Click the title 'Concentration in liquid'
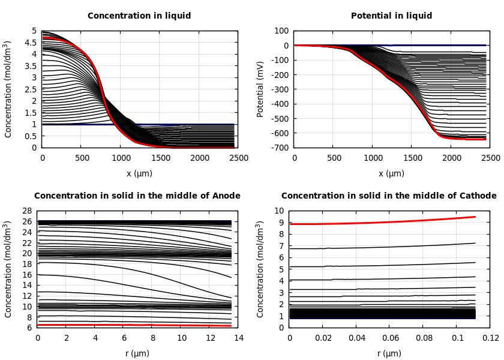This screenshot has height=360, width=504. tap(139, 16)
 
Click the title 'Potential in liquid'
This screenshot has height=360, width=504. tap(391, 16)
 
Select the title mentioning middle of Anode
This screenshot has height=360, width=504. tap(137, 196)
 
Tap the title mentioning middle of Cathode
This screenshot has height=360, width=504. tap(389, 196)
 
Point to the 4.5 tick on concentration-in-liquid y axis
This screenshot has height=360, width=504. tap(31, 43)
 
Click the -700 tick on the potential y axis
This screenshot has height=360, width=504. tap(280, 148)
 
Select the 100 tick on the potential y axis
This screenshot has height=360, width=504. tap(282, 31)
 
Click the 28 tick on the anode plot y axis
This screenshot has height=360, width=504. tap(26, 211)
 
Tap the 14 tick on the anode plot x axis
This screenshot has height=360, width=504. tap(238, 338)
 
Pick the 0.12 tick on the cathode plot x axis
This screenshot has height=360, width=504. tap(491, 338)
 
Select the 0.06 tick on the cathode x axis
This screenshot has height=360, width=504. tap(390, 338)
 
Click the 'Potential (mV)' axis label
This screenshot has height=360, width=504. tap(260, 89)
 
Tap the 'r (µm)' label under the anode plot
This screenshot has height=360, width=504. tap(138, 353)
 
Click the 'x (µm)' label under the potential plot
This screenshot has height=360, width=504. tap(391, 173)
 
